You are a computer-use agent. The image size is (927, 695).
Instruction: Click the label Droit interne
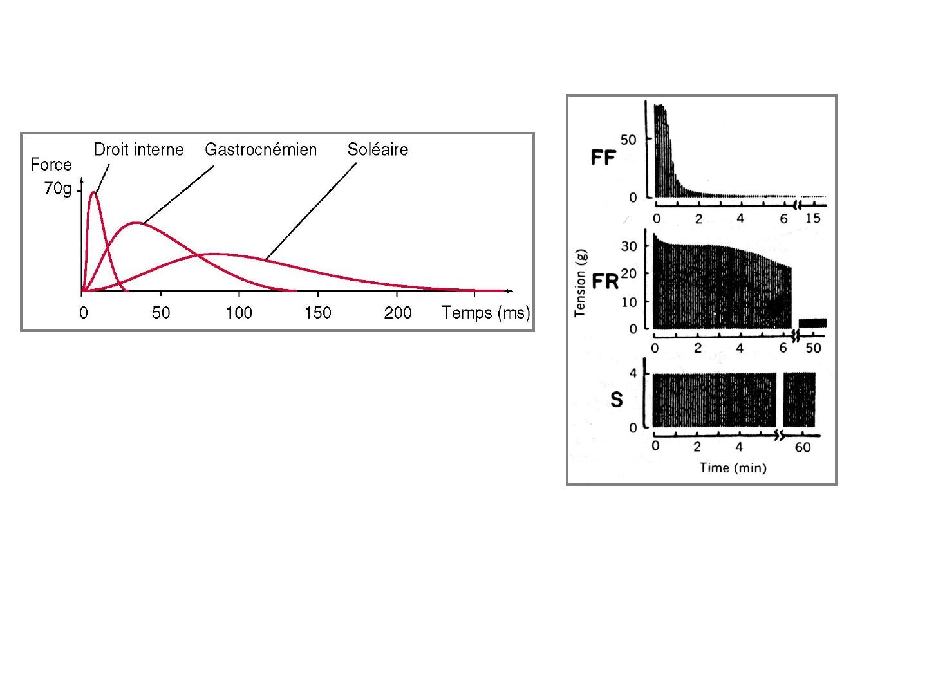tap(138, 150)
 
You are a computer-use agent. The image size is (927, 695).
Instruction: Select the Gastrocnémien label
tap(261, 150)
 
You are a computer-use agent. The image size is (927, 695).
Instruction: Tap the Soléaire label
tap(378, 150)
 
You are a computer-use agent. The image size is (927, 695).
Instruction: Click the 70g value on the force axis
tap(58, 189)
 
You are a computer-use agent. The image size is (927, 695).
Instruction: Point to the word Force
tap(51, 165)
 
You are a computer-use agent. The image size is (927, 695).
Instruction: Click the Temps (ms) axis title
tap(486, 313)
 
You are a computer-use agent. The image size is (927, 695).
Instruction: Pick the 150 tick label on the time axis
tap(318, 313)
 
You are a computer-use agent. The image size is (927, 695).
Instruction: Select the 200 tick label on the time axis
tap(398, 313)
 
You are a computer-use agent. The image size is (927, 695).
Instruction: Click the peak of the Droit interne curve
tap(95, 192)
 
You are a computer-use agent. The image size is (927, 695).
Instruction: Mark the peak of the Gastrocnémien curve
tap(136, 223)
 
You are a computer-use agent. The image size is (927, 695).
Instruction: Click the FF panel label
tap(604, 158)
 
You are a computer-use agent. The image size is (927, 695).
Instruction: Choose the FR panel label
tap(605, 282)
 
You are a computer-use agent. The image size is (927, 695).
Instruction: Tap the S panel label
tap(617, 400)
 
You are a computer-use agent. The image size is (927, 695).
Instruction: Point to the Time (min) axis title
tap(733, 468)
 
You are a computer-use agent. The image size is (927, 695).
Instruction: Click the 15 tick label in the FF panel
tap(813, 219)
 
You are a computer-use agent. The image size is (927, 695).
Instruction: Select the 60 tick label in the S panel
tap(803, 447)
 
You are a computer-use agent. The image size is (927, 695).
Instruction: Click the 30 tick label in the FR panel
tap(629, 246)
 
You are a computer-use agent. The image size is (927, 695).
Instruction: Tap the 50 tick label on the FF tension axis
tap(628, 140)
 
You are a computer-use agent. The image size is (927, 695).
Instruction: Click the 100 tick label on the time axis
tap(239, 313)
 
